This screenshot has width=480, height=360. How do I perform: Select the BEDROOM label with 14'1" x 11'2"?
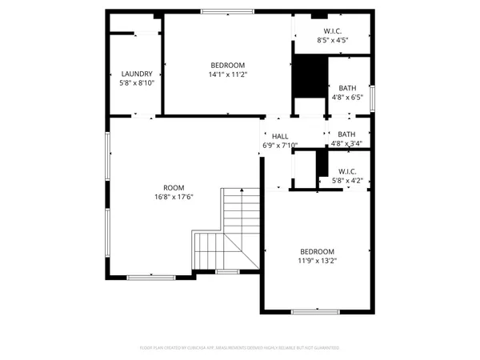coord(228,65)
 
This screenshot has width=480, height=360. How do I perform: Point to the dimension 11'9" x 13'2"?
coord(317,259)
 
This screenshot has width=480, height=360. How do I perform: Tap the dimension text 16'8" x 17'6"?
coord(174,197)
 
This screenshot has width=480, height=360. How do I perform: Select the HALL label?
coord(279,136)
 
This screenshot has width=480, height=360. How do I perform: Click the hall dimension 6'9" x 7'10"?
coord(279,145)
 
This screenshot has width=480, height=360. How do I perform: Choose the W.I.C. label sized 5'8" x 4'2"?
coord(347,171)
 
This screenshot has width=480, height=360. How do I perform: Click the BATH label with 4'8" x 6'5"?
coord(347,88)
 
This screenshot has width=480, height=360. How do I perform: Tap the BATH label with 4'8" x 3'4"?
coord(347,134)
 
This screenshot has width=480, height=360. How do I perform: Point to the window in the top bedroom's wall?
coord(224,11)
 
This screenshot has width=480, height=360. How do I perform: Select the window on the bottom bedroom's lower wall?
coord(316,311)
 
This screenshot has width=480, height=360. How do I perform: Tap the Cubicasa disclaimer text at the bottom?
coord(240,348)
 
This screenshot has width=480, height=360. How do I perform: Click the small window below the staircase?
coord(227,272)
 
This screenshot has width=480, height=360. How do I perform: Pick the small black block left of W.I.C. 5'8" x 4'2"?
coord(322,163)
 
